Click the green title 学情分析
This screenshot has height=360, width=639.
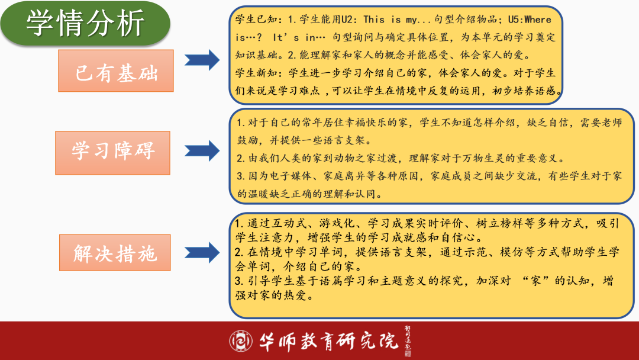coord(85,24)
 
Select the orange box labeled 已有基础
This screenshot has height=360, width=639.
coord(116,71)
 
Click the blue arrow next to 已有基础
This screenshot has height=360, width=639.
coord(202,60)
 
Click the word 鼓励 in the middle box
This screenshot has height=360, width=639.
coord(249,142)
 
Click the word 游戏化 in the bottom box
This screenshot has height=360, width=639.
coord(336,224)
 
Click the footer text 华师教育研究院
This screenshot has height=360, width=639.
coord(330,340)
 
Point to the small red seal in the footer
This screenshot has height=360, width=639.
coord(408,353)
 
